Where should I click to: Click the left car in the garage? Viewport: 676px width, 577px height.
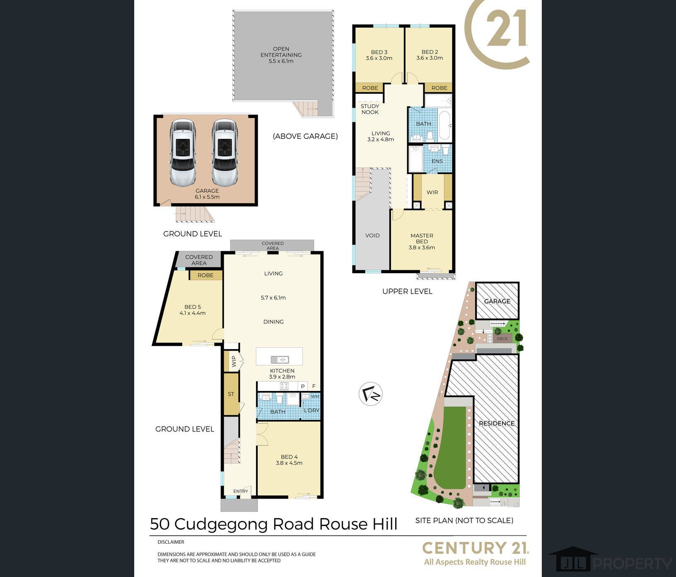(x=183, y=153)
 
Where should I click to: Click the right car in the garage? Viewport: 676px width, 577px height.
(x=225, y=153)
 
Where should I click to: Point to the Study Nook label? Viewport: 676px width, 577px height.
(x=370, y=109)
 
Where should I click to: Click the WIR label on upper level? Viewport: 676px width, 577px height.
(x=432, y=192)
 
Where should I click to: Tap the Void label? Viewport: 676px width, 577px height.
(x=372, y=235)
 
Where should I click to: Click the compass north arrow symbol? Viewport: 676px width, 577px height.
(x=371, y=394)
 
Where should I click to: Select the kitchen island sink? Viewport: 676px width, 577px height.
(x=280, y=359)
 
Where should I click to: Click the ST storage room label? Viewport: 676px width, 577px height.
(x=231, y=394)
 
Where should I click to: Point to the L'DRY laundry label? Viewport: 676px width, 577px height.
(x=311, y=411)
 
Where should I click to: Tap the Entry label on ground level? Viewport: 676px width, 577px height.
(x=241, y=491)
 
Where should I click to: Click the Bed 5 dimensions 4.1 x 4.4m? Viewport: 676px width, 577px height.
(x=193, y=313)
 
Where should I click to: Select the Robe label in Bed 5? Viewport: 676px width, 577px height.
(x=205, y=275)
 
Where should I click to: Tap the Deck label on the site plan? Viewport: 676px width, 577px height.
(x=502, y=339)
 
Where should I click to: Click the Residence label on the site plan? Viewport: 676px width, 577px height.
(x=497, y=423)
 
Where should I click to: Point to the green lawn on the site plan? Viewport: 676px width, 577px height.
(x=451, y=448)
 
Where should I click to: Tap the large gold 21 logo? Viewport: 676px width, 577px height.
(x=506, y=28)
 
